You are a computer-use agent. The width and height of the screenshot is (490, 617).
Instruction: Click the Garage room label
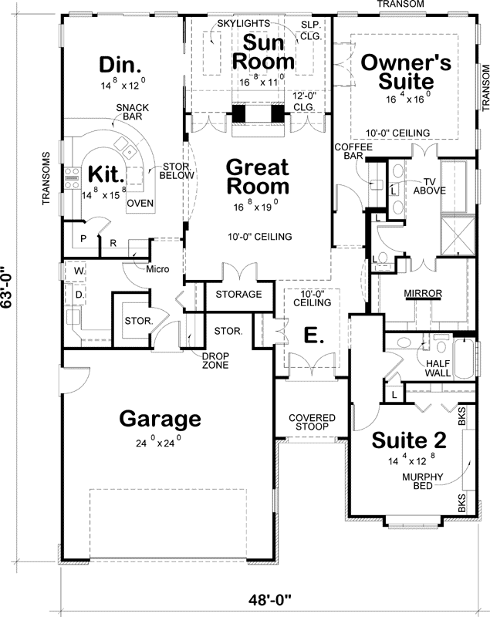(x=160, y=419)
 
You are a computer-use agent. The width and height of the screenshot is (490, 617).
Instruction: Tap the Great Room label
(x=258, y=177)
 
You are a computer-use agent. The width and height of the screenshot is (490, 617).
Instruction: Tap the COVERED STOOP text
(x=312, y=422)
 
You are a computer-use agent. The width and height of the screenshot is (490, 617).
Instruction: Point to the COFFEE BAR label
(x=350, y=151)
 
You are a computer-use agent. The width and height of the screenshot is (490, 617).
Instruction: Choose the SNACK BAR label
(x=127, y=113)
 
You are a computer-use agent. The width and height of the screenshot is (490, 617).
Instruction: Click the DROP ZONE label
(x=216, y=360)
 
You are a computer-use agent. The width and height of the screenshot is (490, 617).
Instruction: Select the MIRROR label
(x=423, y=294)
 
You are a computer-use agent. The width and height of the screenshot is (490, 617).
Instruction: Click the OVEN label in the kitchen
(x=139, y=203)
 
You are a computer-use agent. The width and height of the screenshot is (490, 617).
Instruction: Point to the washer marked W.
(x=79, y=271)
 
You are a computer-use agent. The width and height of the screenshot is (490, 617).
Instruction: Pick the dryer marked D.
(x=79, y=294)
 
